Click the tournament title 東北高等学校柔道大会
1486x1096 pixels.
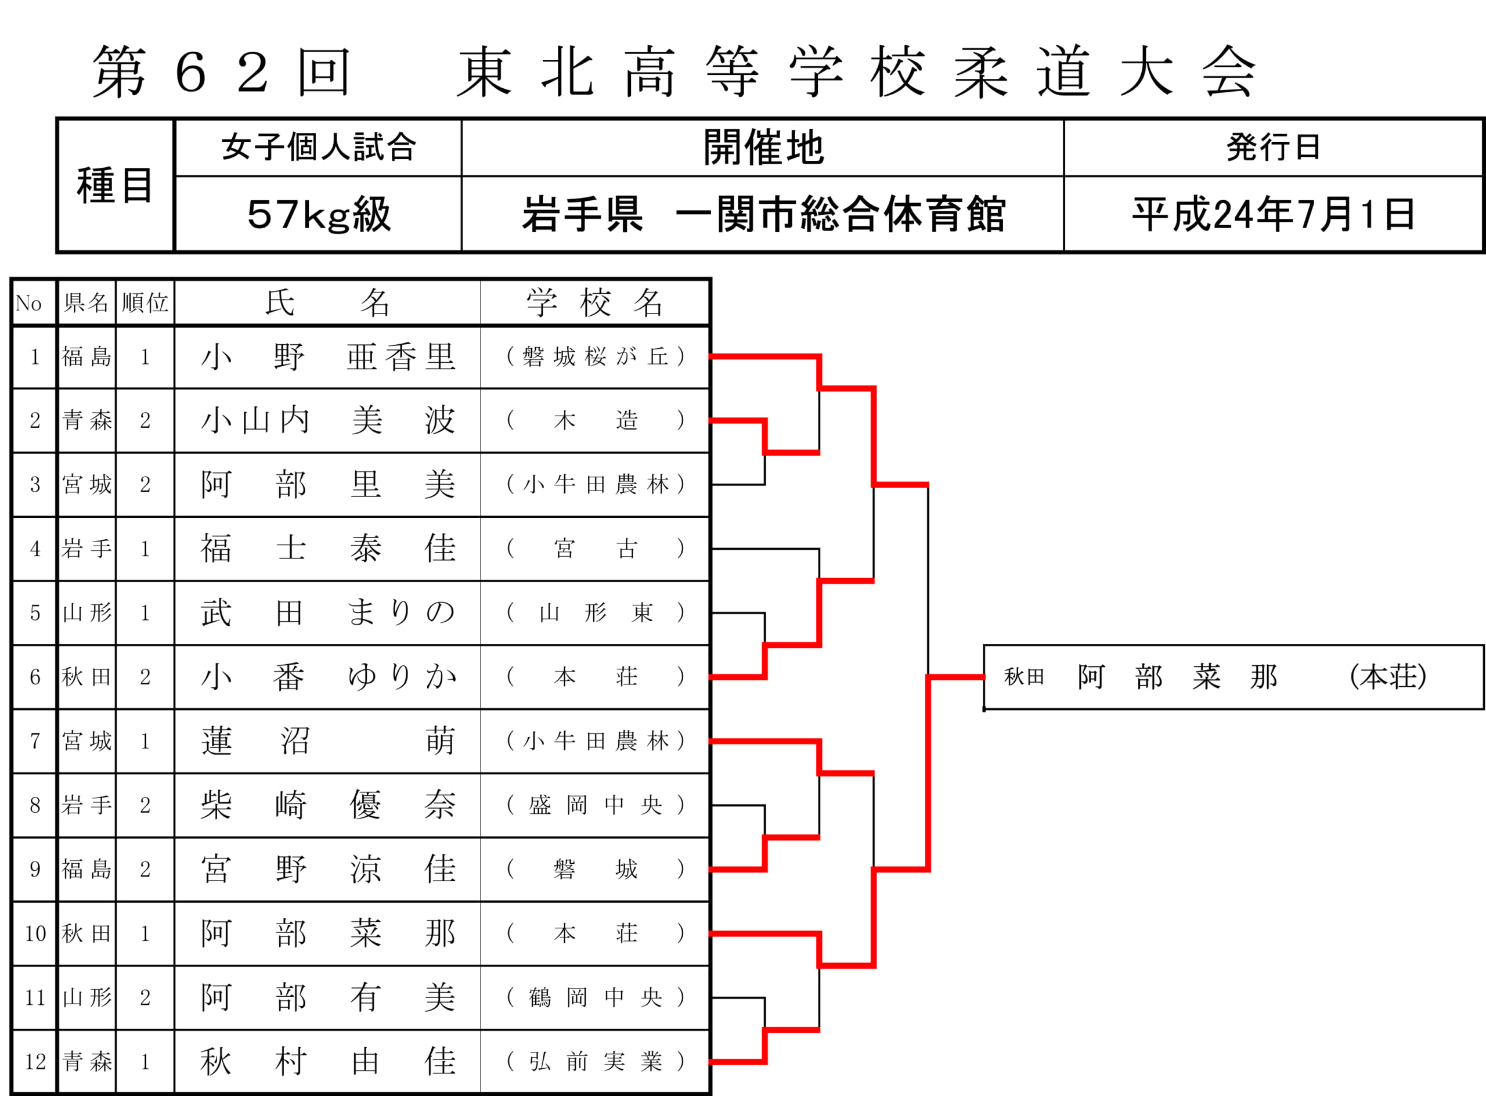pyautogui.click(x=856, y=71)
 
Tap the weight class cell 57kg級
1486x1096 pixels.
pyautogui.click(x=319, y=215)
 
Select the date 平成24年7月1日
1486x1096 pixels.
pyautogui.click(x=1274, y=215)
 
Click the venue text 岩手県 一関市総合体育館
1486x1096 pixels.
pyautogui.click(x=763, y=215)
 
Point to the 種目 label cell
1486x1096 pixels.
pyautogui.click(x=116, y=186)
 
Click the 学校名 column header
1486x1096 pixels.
pyautogui.click(x=594, y=303)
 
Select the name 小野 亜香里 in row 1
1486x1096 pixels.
pyautogui.click(x=329, y=357)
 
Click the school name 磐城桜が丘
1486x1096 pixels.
pyautogui.click(x=595, y=357)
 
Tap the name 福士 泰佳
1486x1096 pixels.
pyautogui.click(x=329, y=549)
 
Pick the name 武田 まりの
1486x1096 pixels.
pyautogui.click(x=329, y=612)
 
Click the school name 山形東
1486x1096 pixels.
pyautogui.click(x=595, y=612)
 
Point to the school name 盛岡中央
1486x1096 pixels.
pyautogui.click(x=595, y=805)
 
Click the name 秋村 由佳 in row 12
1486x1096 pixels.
pyautogui.click(x=329, y=1062)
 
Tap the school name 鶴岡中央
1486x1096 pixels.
pyautogui.click(x=595, y=997)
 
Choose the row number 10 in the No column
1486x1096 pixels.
pyautogui.click(x=35, y=933)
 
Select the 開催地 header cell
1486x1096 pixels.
pyautogui.click(x=763, y=147)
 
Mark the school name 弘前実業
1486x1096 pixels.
pyautogui.click(x=595, y=1062)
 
